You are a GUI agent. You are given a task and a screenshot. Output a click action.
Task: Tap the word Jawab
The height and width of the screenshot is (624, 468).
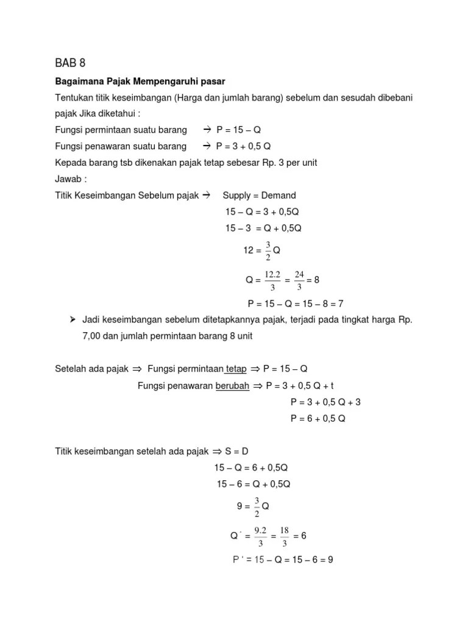[x=69, y=180]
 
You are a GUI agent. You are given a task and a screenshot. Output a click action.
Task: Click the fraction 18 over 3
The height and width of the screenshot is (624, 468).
[x=284, y=536]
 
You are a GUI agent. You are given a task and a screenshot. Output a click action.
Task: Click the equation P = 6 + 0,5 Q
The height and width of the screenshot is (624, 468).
[x=318, y=419]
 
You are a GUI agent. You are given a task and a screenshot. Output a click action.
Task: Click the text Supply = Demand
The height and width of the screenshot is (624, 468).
[x=259, y=196]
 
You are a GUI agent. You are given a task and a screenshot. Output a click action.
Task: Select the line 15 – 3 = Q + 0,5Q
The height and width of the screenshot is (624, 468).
[x=263, y=229]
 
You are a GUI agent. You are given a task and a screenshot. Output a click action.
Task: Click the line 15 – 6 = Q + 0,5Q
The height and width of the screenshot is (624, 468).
[x=253, y=484]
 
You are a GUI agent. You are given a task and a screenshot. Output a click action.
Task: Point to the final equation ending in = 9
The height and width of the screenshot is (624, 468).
[x=283, y=559]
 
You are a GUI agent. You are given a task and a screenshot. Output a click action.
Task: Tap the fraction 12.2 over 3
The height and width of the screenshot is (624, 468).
[x=271, y=280]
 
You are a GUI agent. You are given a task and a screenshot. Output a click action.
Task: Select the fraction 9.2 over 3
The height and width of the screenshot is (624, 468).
[x=261, y=536]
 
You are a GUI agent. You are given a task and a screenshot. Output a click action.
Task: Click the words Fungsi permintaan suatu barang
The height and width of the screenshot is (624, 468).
[x=121, y=130]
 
